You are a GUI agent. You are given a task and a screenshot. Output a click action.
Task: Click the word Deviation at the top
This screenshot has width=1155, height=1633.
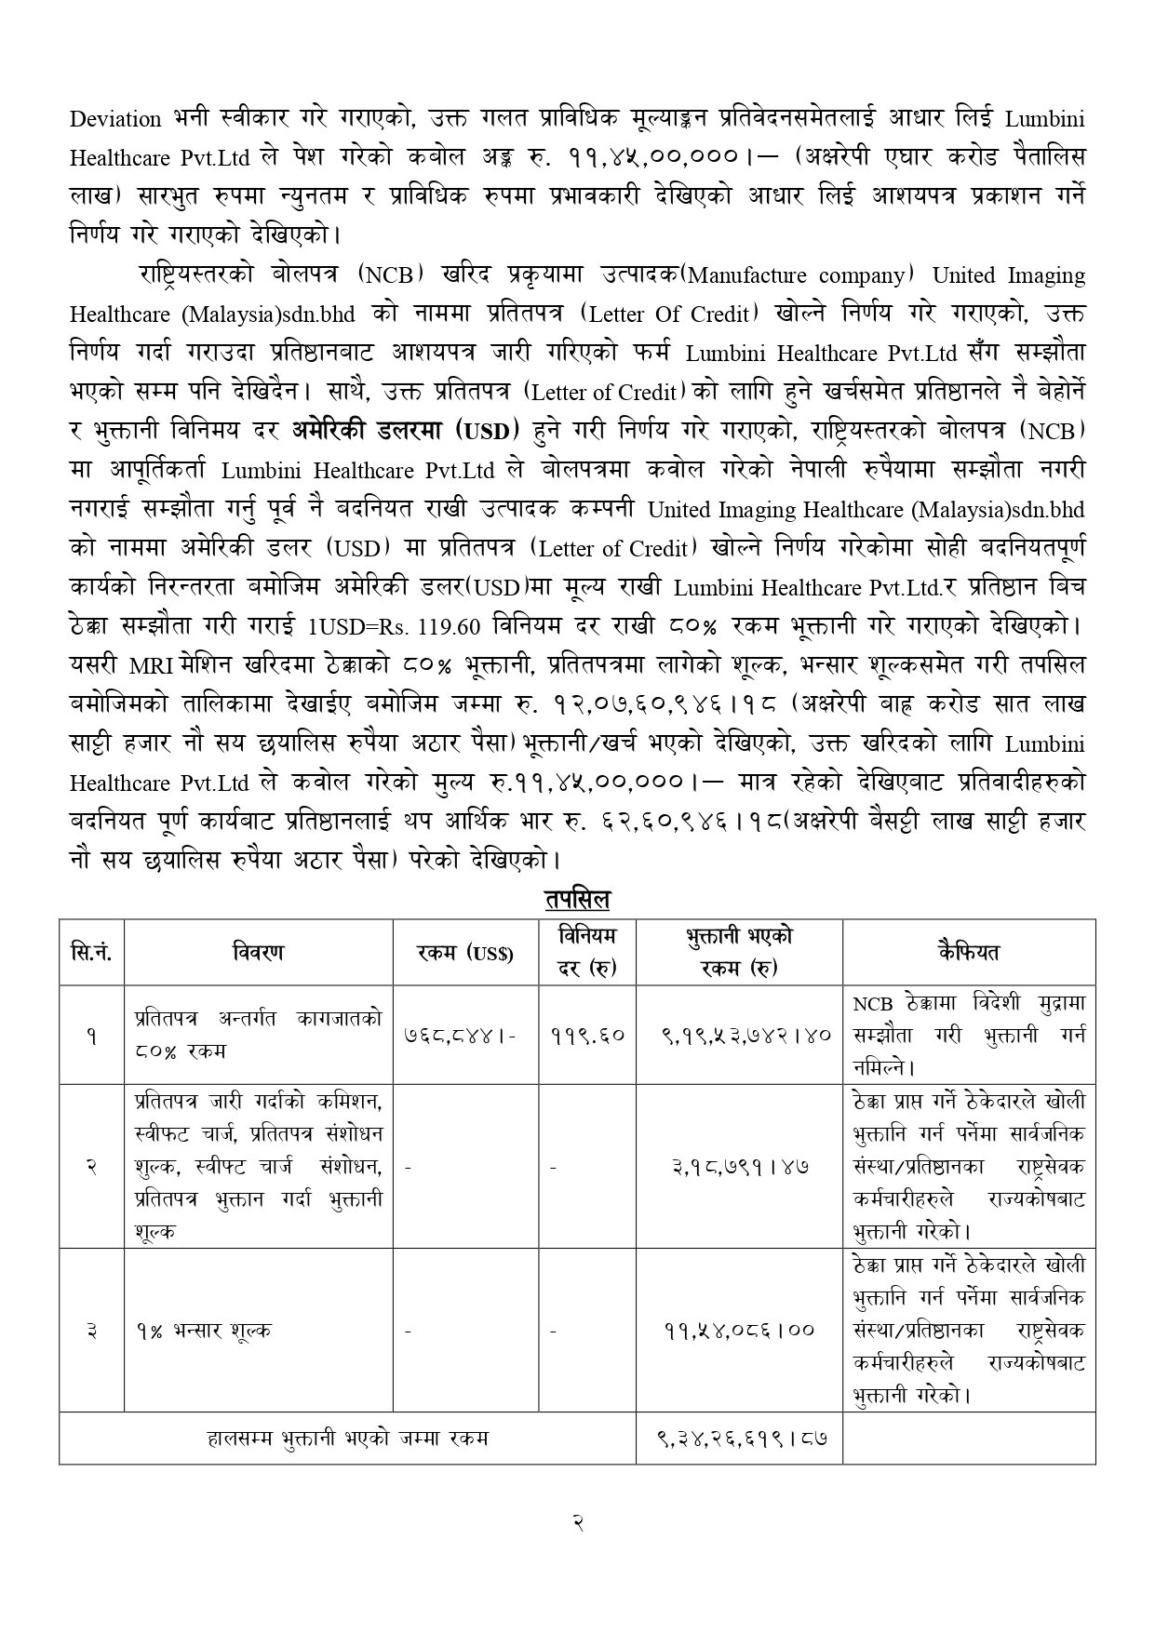(x=115, y=119)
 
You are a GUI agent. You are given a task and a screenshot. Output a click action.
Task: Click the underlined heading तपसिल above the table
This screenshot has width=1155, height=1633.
(x=577, y=900)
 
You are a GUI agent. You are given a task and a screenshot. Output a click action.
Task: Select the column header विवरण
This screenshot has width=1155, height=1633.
(x=258, y=952)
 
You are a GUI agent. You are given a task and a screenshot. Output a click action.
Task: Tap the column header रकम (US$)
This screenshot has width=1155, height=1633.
(x=465, y=953)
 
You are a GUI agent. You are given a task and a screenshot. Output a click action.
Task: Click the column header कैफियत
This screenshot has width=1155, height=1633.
(x=968, y=952)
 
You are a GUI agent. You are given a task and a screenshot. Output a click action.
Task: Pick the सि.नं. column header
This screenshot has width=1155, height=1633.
(x=91, y=952)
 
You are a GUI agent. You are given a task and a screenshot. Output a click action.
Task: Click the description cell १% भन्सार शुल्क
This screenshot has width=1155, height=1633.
(x=202, y=1330)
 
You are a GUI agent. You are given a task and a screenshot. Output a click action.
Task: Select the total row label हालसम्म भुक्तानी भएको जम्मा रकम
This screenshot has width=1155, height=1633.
(x=347, y=1438)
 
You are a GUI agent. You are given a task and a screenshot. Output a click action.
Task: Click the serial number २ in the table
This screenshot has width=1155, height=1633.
(x=91, y=1166)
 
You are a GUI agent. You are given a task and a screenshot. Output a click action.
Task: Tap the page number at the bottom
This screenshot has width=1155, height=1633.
(x=577, y=1522)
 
